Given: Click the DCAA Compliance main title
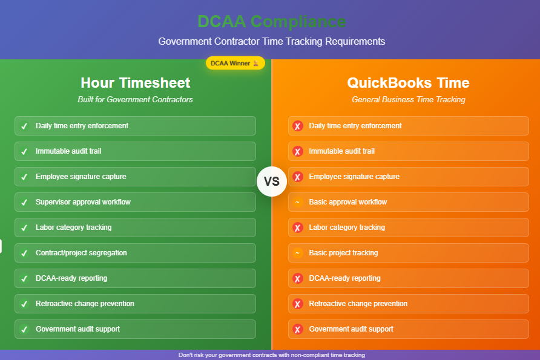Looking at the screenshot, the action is (272, 21).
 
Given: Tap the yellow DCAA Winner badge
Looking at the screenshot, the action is (235, 63).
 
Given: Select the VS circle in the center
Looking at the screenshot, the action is (272, 182).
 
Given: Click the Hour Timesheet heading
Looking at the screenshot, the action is (136, 83).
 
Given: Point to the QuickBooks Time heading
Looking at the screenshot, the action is (408, 83).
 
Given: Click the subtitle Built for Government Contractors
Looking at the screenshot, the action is (136, 99).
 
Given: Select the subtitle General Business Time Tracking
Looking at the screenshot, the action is (409, 99).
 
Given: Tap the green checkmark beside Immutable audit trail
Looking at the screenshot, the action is (24, 151).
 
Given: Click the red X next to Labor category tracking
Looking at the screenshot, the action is (298, 227).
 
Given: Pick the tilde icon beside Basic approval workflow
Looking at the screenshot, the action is (298, 202).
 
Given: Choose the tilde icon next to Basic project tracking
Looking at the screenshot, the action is (298, 253).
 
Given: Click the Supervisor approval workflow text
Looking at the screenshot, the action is (83, 202).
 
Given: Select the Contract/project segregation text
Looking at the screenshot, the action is (81, 253).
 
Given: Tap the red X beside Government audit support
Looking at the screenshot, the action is (298, 329).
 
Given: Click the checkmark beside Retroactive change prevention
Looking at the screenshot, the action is (24, 304).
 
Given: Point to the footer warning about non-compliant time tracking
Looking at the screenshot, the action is (272, 355).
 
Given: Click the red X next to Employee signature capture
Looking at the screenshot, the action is (298, 177).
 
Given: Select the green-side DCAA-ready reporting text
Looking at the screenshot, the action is (71, 278).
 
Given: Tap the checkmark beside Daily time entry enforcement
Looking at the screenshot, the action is (24, 126).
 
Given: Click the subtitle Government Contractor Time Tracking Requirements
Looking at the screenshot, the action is (272, 41).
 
